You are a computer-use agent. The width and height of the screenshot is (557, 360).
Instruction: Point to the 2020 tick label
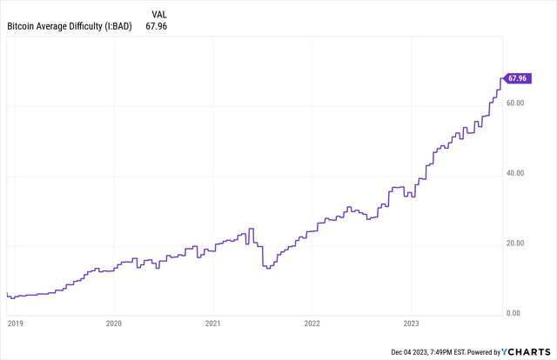pos(113,323)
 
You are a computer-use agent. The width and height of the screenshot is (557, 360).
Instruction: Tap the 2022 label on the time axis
pos(312,323)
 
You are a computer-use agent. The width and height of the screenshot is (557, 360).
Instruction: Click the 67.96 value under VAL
pos(158,27)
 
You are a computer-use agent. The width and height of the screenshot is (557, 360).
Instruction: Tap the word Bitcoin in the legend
pos(22,27)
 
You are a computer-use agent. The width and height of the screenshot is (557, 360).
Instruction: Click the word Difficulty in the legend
pos(85,27)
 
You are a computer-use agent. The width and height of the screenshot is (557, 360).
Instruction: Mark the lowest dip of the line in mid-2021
pos(267,268)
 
